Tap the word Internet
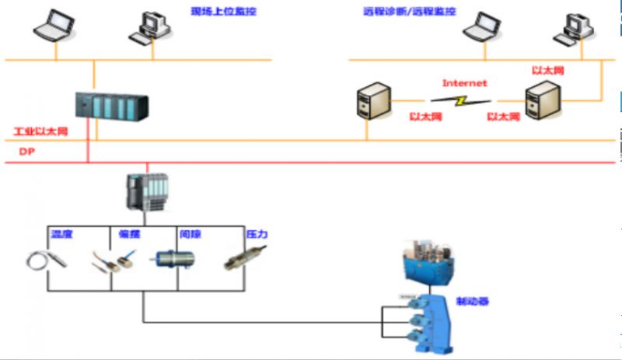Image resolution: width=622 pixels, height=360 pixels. click(x=464, y=82)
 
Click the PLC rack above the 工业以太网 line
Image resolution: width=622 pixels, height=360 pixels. click(x=112, y=106)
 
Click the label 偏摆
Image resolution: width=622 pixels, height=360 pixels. click(x=129, y=234)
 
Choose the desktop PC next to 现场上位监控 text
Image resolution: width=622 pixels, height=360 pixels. click(x=149, y=27)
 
